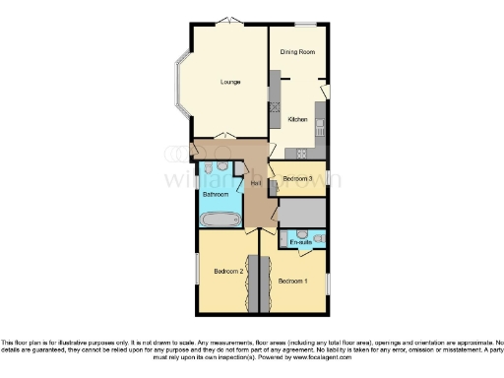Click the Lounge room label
[x=230, y=81]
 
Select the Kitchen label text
[x=297, y=119]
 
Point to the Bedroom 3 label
[x=297, y=178]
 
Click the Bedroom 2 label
[x=228, y=270]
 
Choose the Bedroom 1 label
[x=292, y=282]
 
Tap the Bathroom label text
[x=216, y=195]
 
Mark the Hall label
[x=255, y=184]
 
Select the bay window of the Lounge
[x=179, y=85]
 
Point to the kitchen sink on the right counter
[x=322, y=124]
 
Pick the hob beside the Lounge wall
[x=277, y=94]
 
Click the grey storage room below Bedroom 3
[x=302, y=212]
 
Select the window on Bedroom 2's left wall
[x=196, y=267]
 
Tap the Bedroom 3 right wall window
[x=328, y=178]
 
